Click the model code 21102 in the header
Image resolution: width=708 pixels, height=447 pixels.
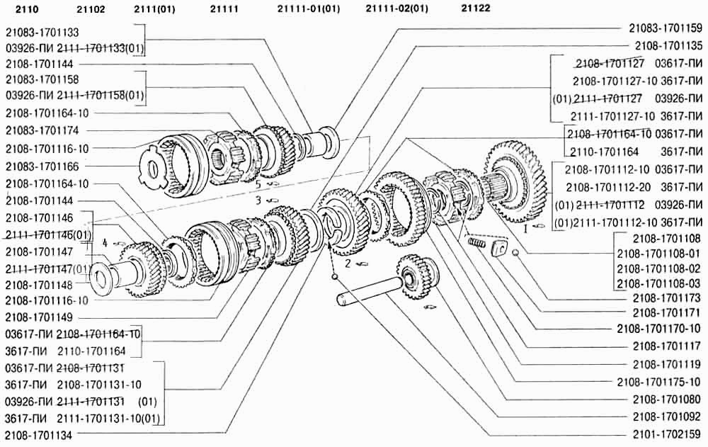click(x=91, y=9)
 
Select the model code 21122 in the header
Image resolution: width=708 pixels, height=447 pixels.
click(x=476, y=8)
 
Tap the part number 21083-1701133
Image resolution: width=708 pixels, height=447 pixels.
click(x=42, y=33)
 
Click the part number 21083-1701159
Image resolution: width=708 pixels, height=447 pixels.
click(x=666, y=28)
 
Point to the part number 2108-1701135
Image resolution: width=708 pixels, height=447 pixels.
click(x=668, y=45)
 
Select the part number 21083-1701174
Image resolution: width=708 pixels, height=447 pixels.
click(x=42, y=130)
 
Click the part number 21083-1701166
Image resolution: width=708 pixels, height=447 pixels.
click(x=42, y=166)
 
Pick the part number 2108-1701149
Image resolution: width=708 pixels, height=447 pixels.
click(x=39, y=317)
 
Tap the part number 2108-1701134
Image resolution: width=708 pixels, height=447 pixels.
click(x=39, y=435)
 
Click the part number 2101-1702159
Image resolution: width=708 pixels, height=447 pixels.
click(x=667, y=435)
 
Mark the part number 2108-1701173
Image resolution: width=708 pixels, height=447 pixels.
click(x=667, y=298)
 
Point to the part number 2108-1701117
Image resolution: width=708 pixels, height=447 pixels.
click(x=667, y=346)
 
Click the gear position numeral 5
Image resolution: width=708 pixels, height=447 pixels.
click(x=258, y=184)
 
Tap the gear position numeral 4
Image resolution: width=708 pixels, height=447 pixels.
click(x=105, y=243)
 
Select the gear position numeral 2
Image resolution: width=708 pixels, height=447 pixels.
click(x=348, y=263)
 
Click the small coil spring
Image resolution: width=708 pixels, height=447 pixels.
click(x=476, y=243)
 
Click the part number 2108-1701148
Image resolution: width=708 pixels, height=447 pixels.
click(x=39, y=285)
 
